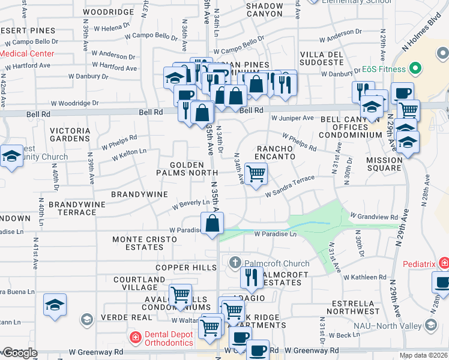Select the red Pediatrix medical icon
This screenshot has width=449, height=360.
pyautogui.click(x=443, y=262)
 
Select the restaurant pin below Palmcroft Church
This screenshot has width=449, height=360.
pyautogui.click(x=252, y=277)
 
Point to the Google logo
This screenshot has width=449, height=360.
pyautogui.click(x=19, y=353)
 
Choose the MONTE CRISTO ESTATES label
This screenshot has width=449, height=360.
pyautogui.click(x=145, y=244)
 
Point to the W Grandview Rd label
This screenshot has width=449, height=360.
pyautogui.click(x=374, y=216)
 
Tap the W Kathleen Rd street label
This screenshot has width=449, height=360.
pyautogui.click(x=365, y=277)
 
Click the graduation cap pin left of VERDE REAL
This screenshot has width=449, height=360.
pyautogui.click(x=55, y=305)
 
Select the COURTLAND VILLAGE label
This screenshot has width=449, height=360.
pyautogui.click(x=139, y=284)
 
